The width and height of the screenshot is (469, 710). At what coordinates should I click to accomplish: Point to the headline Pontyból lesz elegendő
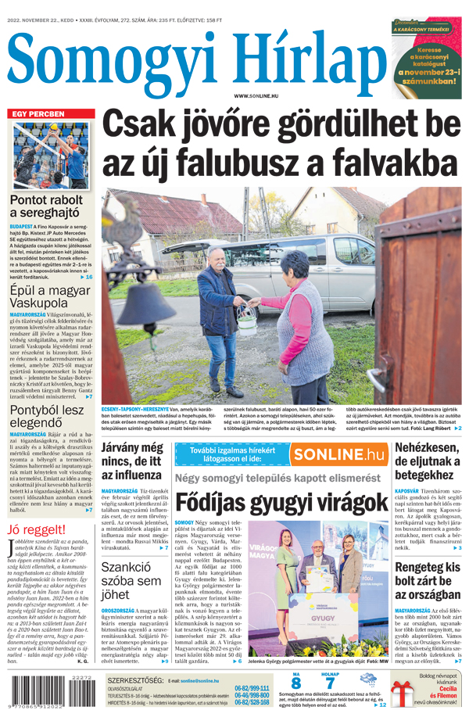(x=47, y=415)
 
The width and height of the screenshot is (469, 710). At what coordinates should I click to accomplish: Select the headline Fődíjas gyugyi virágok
(x=281, y=501)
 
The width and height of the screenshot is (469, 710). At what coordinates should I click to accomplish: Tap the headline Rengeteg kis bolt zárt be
(x=428, y=579)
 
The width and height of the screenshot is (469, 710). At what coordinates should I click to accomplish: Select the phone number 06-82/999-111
(x=252, y=688)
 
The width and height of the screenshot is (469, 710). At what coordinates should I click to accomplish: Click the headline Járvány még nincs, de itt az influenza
(x=132, y=461)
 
